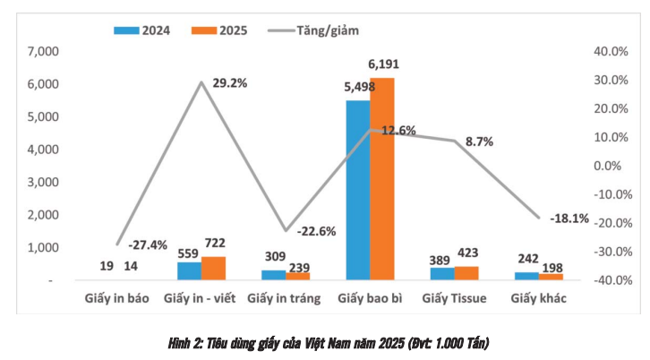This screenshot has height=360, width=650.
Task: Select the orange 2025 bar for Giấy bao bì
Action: tap(381, 179)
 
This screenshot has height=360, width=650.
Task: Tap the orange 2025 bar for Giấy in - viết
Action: tap(213, 268)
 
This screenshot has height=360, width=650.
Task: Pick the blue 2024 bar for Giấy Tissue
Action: tap(442, 273)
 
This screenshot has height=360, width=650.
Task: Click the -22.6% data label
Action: tap(317, 231)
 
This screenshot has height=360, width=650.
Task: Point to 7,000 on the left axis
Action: tap(43, 52)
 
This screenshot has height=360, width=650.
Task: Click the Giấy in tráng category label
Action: tap(285, 298)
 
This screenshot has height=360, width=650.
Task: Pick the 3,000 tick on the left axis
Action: tap(43, 183)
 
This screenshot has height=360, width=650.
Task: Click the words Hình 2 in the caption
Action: tap(184, 343)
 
